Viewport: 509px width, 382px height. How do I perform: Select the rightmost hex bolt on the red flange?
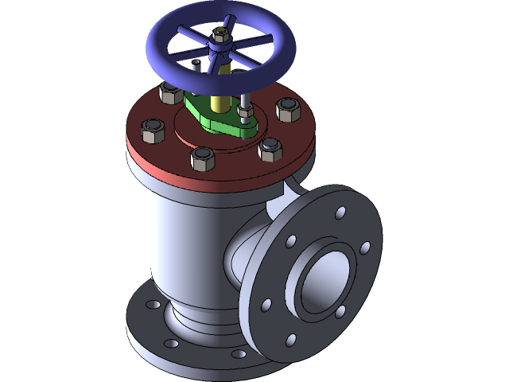288,109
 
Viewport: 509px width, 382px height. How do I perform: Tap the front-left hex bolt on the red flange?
203,158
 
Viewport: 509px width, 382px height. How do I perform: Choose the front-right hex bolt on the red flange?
271,148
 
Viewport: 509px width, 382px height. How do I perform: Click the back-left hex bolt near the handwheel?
171,93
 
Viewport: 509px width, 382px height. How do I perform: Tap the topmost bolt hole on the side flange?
340,213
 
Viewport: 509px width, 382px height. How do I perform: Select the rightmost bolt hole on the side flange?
364,248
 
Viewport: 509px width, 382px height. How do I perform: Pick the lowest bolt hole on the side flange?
290,340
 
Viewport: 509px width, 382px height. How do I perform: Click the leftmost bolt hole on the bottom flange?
150,303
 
